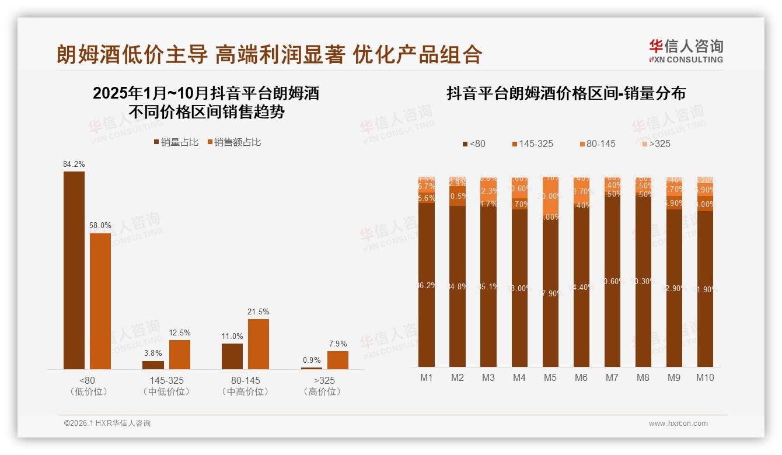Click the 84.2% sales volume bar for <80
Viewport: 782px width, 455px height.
coord(74,269)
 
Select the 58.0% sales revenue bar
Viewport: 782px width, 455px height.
coord(100,301)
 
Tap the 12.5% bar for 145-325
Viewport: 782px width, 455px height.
coord(180,354)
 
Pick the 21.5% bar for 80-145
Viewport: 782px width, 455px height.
coord(259,344)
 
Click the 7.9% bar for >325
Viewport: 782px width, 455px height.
coord(337,360)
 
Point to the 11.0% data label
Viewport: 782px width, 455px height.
coord(232,337)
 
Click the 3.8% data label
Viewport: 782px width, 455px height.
coord(153,353)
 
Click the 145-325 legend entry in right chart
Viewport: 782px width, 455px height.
coord(532,143)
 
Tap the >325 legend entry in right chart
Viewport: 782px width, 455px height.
coord(656,143)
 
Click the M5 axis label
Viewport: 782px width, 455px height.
coord(550,378)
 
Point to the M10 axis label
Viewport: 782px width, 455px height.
coord(704,378)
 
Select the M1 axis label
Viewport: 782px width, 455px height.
coord(427,378)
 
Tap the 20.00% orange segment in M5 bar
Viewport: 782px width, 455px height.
coord(550,196)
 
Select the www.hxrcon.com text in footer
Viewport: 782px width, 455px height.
coord(678,423)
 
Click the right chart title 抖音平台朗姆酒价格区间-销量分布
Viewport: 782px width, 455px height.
coord(565,93)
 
